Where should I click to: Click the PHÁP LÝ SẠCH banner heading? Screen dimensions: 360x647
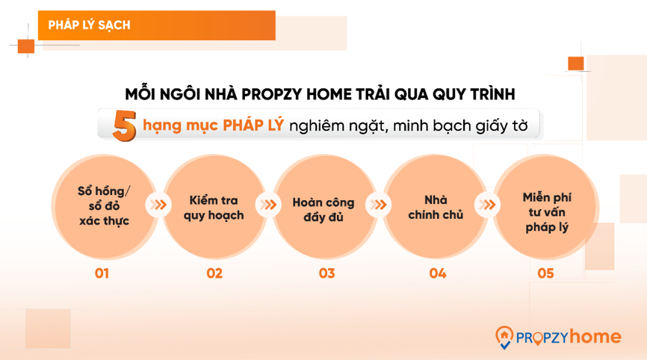[x=89, y=25]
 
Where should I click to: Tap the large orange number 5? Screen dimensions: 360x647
[x=123, y=125]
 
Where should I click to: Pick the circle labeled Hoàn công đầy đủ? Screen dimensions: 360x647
[x=323, y=208]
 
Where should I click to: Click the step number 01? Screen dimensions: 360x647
[x=102, y=273]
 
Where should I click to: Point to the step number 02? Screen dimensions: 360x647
[x=214, y=273]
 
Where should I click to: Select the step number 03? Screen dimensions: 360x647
[x=326, y=273]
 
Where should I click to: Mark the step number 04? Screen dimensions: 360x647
[x=437, y=273]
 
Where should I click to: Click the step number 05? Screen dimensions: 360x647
[x=545, y=273]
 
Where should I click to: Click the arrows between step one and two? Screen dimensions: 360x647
[x=158, y=205]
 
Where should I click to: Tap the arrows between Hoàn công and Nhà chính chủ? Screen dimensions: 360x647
[x=380, y=205]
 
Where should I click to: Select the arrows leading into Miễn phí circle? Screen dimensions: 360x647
[x=489, y=205]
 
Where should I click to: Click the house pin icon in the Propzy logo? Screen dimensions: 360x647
[x=505, y=338]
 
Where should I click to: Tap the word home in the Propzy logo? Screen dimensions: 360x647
[x=595, y=337]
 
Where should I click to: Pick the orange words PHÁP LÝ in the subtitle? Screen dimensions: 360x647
[x=253, y=125]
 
